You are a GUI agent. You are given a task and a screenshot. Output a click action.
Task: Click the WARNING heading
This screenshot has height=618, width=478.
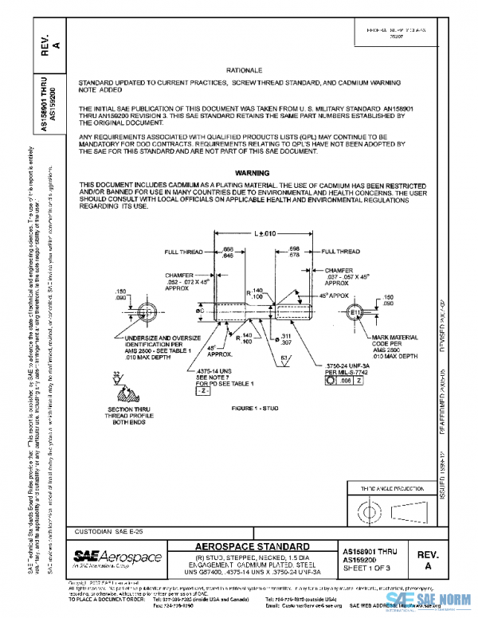tap(253, 173)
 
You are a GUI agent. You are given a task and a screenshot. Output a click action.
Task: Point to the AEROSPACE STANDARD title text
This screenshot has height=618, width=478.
tap(253, 546)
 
